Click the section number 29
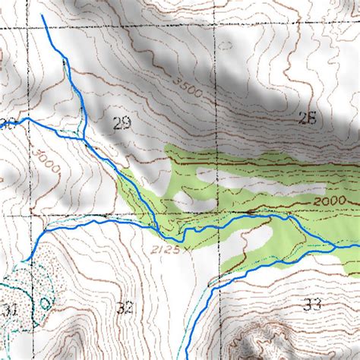(x=120, y=124)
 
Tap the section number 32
(x=126, y=308)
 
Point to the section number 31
(x=9, y=309)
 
